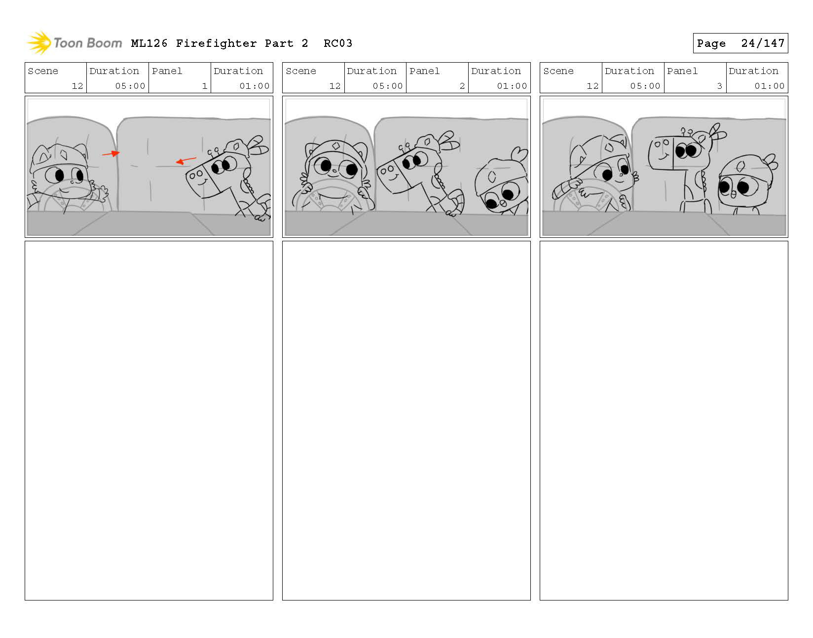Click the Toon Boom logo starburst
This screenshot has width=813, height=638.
click(39, 42)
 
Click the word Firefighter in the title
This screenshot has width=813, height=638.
click(216, 43)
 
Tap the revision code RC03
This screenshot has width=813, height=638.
click(338, 43)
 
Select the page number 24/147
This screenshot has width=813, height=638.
click(763, 43)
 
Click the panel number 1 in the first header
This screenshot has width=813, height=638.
click(205, 86)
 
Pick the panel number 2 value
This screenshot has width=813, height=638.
click(462, 86)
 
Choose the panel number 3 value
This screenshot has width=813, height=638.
click(719, 86)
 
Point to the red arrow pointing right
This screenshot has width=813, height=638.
click(111, 153)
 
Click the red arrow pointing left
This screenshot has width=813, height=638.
click(186, 161)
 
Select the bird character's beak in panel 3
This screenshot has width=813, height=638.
click(734, 194)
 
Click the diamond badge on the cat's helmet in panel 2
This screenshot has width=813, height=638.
click(336, 146)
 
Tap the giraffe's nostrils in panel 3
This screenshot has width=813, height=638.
click(662, 143)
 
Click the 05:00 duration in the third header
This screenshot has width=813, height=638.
click(645, 86)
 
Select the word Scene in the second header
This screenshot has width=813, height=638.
click(301, 71)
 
